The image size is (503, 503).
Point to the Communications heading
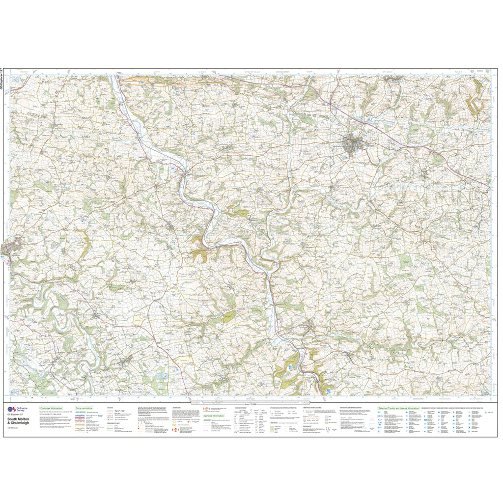click(84, 408)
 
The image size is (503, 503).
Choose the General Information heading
click(216, 416)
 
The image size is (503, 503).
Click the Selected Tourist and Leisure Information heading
click(398, 408)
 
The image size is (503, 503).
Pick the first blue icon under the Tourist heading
click(380, 413)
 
